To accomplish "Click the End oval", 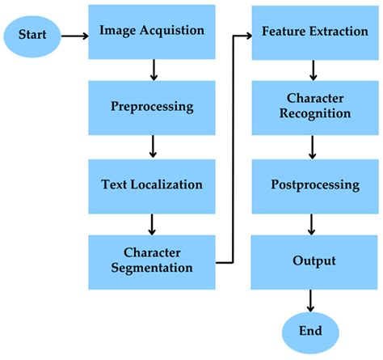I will pos(310,331).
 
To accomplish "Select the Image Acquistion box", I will pos(151,32).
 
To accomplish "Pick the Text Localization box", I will pos(151,184).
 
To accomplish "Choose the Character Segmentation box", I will pos(151,260).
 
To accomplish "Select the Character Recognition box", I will pos(310,108).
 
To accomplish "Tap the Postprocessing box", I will pos(310,184).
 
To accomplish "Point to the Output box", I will pos(310,260).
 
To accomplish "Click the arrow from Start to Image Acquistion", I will pos(72,36).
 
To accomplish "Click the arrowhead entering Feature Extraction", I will pos(246,36).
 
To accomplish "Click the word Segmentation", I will pos(151,269).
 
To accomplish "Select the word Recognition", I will pos(310,114).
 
